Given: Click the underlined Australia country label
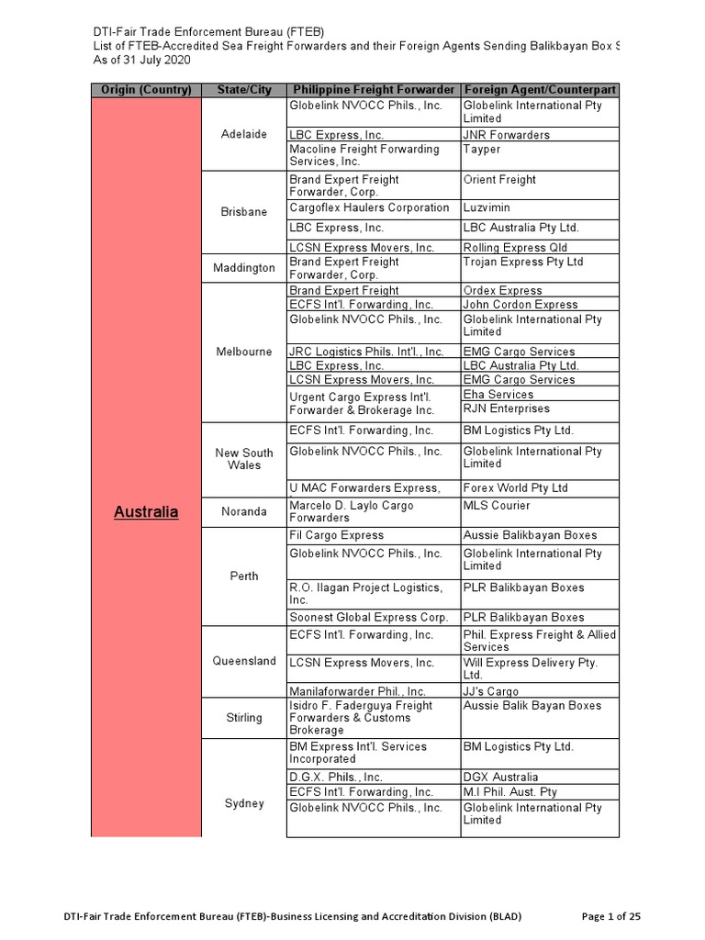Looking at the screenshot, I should click(146, 511).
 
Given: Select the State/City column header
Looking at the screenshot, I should click(244, 90).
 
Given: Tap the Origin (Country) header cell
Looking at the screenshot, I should click(146, 90).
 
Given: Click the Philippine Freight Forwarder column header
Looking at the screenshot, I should click(373, 90).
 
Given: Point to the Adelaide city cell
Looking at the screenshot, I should click(244, 134).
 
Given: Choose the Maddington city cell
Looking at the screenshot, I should click(244, 268).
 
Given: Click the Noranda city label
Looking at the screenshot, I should click(244, 511).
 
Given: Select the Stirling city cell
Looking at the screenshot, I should click(244, 718).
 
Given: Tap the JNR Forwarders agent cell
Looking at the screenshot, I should click(507, 135).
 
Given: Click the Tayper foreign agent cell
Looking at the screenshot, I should click(482, 149).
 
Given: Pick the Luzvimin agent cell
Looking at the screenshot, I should click(487, 207).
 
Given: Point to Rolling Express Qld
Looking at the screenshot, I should click(515, 248).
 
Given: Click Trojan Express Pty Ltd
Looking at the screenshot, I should click(523, 262).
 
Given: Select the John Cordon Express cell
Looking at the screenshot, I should click(520, 305).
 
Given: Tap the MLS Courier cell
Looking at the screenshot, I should click(497, 506).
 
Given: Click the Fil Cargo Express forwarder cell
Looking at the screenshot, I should click(337, 535).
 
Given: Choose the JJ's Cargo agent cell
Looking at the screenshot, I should click(491, 691).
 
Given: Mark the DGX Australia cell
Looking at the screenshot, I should click(501, 778).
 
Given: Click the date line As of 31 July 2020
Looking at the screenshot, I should click(147, 60).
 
